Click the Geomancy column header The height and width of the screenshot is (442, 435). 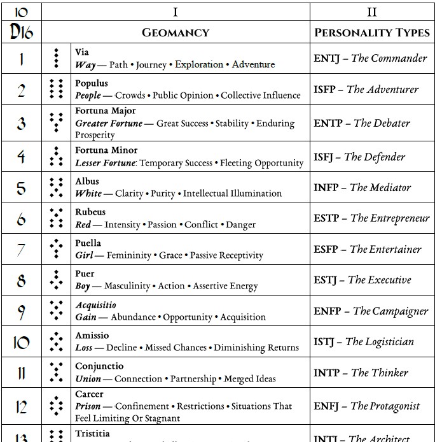point(175,32)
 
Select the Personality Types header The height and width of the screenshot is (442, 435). point(372,32)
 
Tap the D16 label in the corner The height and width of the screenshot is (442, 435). point(21,32)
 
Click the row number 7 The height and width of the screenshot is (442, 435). point(21,250)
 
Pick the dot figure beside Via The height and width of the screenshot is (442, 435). point(57,59)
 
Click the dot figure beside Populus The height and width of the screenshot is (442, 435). point(57,89)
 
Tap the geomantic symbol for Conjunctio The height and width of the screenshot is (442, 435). point(57,373)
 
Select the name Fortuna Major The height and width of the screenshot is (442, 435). point(105,111)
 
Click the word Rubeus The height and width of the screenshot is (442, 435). point(90,212)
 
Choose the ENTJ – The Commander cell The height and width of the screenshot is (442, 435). point(370,59)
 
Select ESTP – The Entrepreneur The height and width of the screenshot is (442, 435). point(371,218)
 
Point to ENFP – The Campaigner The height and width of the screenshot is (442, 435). point(371,311)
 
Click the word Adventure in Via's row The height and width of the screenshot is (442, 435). point(253,64)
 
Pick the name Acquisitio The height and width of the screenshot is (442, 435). point(95,305)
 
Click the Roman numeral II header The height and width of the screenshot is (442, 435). point(372,12)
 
